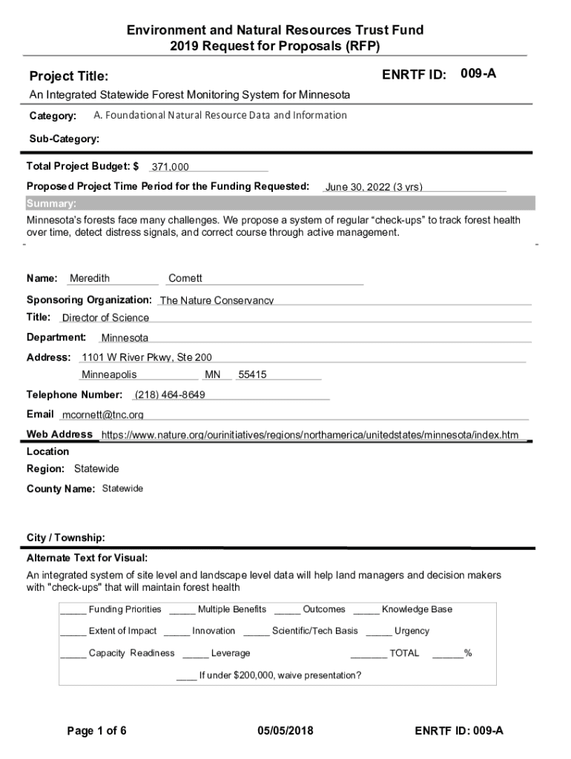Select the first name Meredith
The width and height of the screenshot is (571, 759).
click(90, 279)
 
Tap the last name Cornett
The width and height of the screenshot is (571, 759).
click(185, 279)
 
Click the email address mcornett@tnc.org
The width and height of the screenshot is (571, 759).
click(103, 414)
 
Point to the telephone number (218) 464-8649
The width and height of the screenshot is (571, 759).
click(170, 394)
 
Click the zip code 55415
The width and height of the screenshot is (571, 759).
click(252, 375)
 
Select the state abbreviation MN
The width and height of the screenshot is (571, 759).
click(213, 375)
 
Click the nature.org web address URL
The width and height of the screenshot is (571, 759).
click(310, 434)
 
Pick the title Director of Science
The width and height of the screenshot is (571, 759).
click(105, 318)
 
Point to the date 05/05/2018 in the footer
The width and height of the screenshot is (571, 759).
click(285, 731)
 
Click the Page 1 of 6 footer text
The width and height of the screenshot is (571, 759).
click(96, 731)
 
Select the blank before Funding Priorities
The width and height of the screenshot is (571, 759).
click(73, 610)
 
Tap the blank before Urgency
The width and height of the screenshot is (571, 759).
click(378, 632)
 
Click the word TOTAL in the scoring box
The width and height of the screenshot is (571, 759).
click(404, 653)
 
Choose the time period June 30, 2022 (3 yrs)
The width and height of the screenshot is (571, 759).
click(374, 187)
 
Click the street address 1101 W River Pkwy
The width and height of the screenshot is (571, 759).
click(147, 357)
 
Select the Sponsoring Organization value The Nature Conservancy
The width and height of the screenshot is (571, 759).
click(217, 300)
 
